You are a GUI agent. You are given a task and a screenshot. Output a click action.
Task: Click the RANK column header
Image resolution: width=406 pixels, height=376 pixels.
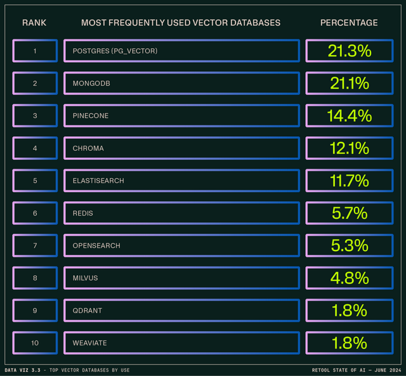click(34, 23)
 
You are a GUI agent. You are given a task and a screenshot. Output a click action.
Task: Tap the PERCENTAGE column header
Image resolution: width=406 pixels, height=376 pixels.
click(348, 23)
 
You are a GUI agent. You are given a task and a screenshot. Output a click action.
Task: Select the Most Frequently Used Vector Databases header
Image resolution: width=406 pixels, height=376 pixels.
click(181, 23)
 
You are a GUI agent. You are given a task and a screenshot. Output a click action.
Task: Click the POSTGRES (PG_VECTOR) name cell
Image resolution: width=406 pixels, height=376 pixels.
click(181, 51)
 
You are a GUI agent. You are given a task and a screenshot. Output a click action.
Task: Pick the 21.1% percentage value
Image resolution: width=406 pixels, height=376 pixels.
click(348, 83)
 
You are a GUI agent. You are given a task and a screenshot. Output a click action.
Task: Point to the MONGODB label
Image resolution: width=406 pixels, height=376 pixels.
click(88, 83)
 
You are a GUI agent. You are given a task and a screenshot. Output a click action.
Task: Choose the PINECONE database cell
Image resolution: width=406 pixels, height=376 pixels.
click(181, 116)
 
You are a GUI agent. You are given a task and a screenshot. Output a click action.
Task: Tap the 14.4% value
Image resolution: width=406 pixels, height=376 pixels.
click(348, 116)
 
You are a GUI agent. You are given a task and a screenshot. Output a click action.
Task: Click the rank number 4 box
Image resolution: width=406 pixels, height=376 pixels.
click(35, 148)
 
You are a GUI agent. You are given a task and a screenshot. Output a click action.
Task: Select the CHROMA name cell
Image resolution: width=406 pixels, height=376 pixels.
click(181, 148)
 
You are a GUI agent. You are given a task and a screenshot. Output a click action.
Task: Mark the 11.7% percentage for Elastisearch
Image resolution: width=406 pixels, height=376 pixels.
click(348, 181)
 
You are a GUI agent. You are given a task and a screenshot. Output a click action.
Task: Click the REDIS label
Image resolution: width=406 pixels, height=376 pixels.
click(83, 213)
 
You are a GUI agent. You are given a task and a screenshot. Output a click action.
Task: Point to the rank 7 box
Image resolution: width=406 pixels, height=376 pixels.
click(35, 245)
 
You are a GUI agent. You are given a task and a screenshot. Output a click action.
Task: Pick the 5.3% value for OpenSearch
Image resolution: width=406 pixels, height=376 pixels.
click(348, 245)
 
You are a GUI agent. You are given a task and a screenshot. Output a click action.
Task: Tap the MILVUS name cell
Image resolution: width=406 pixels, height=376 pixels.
click(181, 278)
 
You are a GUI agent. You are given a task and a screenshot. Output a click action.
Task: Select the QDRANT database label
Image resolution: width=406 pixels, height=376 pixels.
click(87, 311)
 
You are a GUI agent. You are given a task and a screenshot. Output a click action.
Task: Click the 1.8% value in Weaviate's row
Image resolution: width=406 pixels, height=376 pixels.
click(348, 343)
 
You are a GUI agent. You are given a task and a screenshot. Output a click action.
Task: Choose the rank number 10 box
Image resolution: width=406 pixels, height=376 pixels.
click(35, 343)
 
